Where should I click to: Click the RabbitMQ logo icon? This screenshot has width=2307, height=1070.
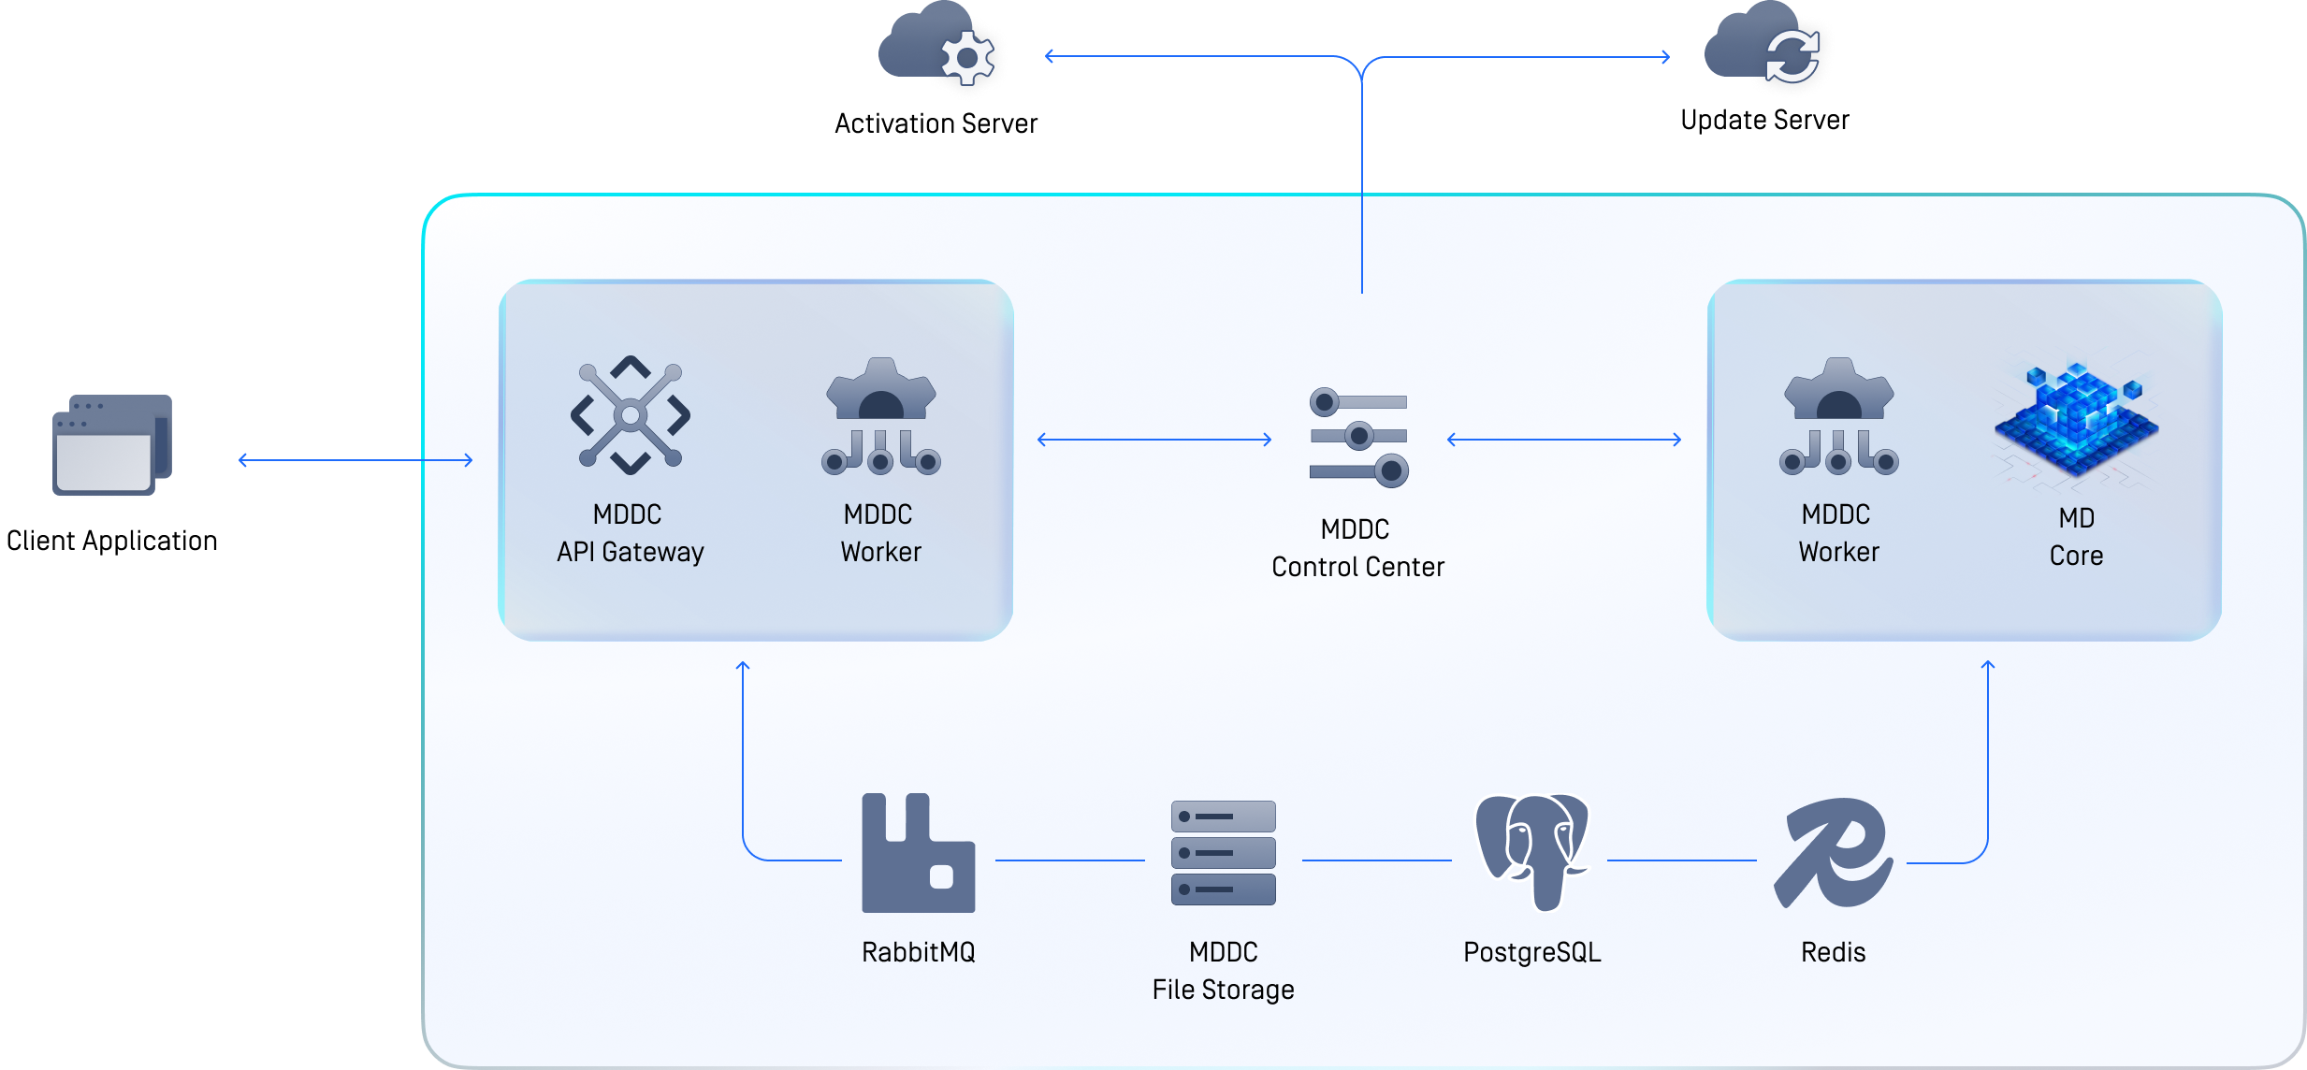pos(918,853)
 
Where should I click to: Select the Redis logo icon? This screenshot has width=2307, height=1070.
pos(1833,853)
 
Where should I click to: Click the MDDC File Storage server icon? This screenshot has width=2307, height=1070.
pos(1223,852)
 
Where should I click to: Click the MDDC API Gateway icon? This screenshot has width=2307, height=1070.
pos(631,415)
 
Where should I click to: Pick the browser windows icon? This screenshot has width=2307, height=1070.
pos(112,445)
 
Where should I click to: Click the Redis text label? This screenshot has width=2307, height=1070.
pos(1833,952)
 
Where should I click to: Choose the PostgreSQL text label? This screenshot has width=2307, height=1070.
pos(1531,952)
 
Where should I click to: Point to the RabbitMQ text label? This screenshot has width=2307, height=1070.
pos(918,952)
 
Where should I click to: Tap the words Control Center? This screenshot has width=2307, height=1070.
pos(1357,567)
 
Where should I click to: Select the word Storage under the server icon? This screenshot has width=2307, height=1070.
pos(1248,990)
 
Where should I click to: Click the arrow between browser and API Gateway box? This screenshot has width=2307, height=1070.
pos(355,460)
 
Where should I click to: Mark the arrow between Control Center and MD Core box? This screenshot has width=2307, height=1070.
pos(1564,440)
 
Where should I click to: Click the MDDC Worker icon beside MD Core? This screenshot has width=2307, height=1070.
pos(1838,417)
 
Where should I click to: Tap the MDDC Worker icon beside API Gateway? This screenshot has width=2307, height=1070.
pos(880,417)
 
